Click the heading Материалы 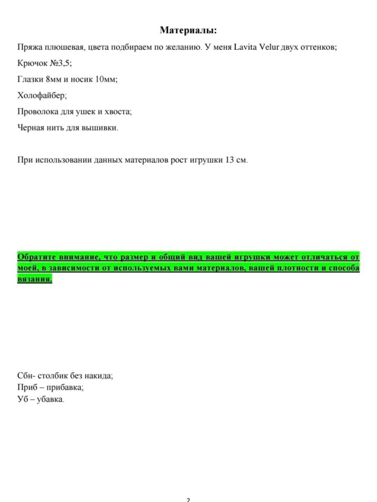[188, 30]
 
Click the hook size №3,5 [60, 63]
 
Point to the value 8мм [54, 79]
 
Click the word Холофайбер [42, 95]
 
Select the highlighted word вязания [35, 279]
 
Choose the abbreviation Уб [23, 400]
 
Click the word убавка [50, 400]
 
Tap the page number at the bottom [188, 500]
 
